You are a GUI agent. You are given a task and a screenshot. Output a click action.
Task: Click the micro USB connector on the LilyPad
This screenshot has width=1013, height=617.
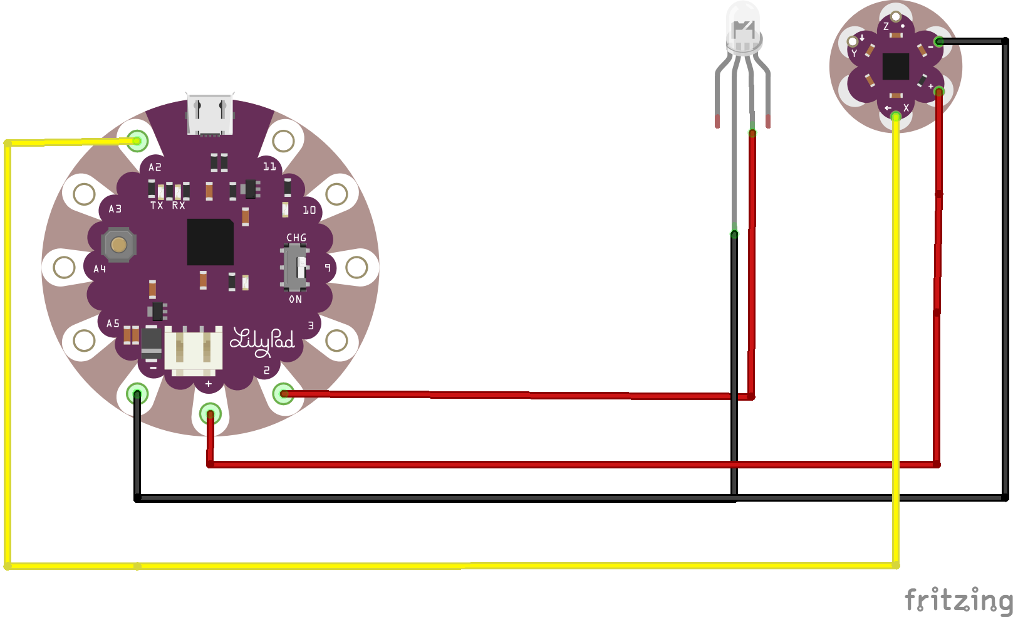point(210,115)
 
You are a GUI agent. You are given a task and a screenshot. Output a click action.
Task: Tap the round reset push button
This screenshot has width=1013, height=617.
point(118,245)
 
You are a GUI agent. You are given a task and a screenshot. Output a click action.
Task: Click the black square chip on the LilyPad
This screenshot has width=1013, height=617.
point(210,242)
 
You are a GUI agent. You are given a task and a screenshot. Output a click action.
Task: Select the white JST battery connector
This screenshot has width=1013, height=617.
point(193,351)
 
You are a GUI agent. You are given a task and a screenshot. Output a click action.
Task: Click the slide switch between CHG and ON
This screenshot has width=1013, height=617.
point(295,268)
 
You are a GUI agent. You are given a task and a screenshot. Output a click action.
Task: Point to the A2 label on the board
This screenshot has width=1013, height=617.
point(155,167)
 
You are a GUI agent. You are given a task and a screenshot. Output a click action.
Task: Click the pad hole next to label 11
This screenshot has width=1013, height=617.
point(284,141)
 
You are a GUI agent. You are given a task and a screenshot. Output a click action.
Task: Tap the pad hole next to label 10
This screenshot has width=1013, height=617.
point(336,194)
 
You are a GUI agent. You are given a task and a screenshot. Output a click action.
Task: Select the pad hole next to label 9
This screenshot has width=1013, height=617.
point(356,267)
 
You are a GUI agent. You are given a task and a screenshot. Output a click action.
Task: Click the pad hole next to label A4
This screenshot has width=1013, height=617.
point(65,267)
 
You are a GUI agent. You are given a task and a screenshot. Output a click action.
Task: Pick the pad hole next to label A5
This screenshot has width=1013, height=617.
point(84,340)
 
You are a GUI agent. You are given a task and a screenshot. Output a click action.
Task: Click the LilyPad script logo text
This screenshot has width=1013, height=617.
point(262,342)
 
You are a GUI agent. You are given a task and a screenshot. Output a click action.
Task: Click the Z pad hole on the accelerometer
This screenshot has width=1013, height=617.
point(895,17)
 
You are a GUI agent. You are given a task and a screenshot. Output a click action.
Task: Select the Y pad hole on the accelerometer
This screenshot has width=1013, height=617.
point(853,41)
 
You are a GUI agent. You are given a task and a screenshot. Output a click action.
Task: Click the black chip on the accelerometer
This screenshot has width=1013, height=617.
point(896,66)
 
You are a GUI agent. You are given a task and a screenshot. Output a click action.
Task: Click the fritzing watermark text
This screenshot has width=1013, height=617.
point(958,599)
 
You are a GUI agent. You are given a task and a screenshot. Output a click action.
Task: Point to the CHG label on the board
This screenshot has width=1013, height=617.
point(296,238)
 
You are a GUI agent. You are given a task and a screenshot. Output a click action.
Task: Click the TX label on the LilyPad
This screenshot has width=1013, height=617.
point(157,206)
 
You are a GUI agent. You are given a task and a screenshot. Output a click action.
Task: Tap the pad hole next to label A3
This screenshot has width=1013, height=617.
point(84,194)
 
